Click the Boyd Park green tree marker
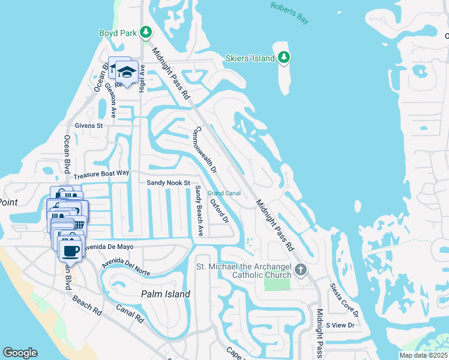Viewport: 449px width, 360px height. click(145, 31)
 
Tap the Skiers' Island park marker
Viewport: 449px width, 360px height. click(285, 58)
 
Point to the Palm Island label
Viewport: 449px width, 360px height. click(166, 294)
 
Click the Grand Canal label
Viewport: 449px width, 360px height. click(224, 193)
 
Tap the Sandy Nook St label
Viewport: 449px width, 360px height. click(169, 182)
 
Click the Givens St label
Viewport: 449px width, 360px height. click(89, 126)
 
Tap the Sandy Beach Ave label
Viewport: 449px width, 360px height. click(199, 211)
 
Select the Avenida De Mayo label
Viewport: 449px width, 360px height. click(113, 247)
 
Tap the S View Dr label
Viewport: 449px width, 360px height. click(340, 325)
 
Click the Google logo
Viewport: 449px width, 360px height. click(20, 353)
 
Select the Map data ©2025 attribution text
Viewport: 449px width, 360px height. click(423, 355)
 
